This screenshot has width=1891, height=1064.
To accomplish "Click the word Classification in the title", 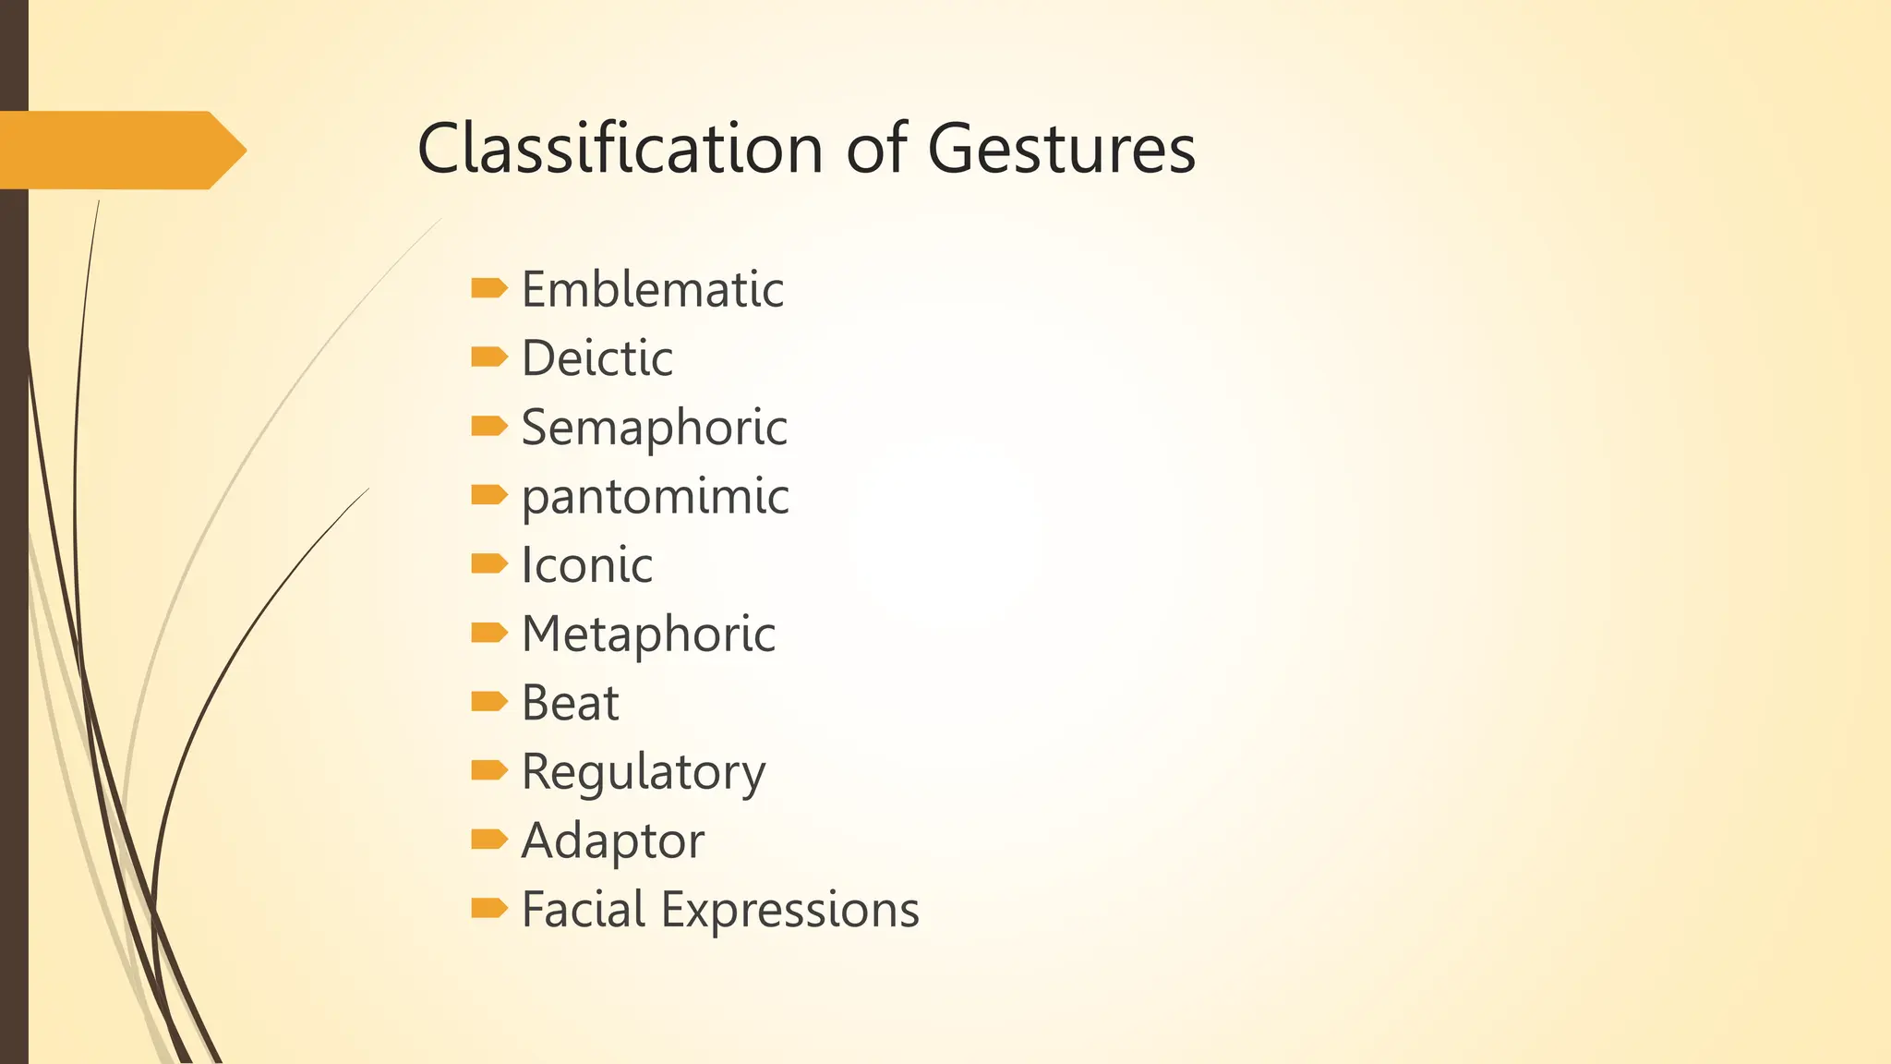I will pos(620,149).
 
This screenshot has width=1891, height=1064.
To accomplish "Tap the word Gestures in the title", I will pos(1061,151).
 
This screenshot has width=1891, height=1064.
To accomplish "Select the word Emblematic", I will pos(652,290).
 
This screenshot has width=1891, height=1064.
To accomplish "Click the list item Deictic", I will pos(596,358).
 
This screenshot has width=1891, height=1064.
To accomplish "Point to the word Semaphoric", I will pos(654,428).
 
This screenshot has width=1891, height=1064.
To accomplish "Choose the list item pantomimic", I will pos(655,497).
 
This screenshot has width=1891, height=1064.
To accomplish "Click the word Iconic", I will pos(586,565).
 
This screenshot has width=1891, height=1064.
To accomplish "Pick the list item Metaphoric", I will pos(648,635).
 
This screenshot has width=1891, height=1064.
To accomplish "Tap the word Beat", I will pos(570,703).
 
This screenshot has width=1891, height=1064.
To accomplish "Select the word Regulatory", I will pos(643,773).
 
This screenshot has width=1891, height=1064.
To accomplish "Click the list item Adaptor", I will pos(612,841).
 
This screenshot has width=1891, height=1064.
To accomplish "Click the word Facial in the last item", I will pos(584,910).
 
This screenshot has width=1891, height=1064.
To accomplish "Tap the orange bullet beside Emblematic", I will pos(488,288).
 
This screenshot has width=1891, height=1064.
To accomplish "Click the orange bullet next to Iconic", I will pos(488,563).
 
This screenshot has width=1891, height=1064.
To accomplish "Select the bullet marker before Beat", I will pos(488,701).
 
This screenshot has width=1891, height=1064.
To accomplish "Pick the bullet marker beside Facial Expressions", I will pos(488,908).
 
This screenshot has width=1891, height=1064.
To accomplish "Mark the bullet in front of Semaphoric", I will pos(488,426).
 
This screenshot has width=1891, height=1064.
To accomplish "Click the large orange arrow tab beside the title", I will pos(120,150).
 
